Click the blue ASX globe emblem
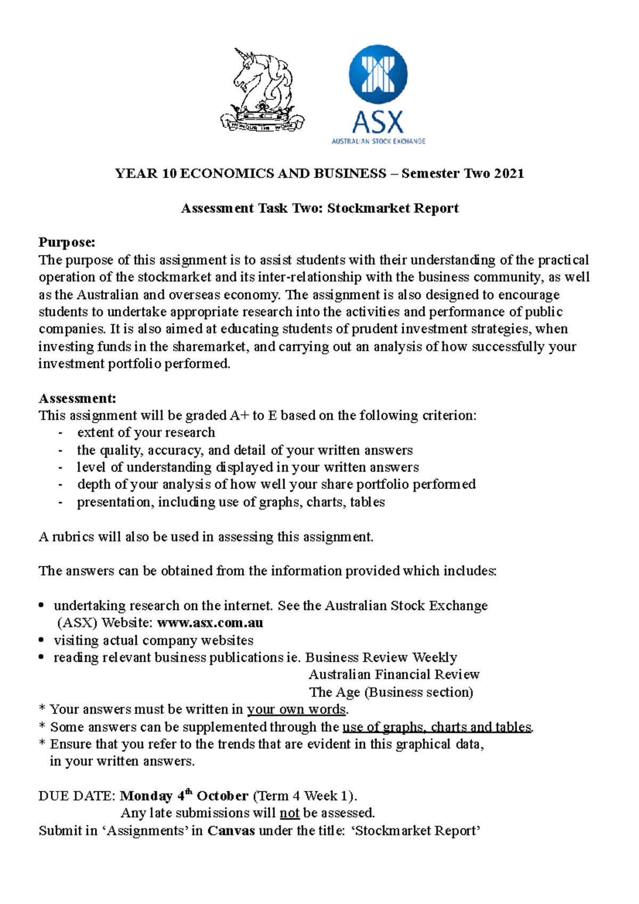click(378, 74)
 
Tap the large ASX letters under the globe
click(378, 122)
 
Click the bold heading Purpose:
click(67, 243)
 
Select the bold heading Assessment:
click(77, 398)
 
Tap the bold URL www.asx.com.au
click(210, 622)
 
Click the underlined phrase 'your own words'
click(297, 709)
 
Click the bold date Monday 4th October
click(184, 796)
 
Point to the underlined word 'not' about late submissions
click(289, 813)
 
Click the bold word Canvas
click(231, 831)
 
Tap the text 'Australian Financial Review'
click(394, 675)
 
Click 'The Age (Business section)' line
click(391, 692)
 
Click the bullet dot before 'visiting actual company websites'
click(42, 640)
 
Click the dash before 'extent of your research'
click(61, 433)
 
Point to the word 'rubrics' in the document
click(73, 537)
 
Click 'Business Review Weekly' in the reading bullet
click(381, 658)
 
